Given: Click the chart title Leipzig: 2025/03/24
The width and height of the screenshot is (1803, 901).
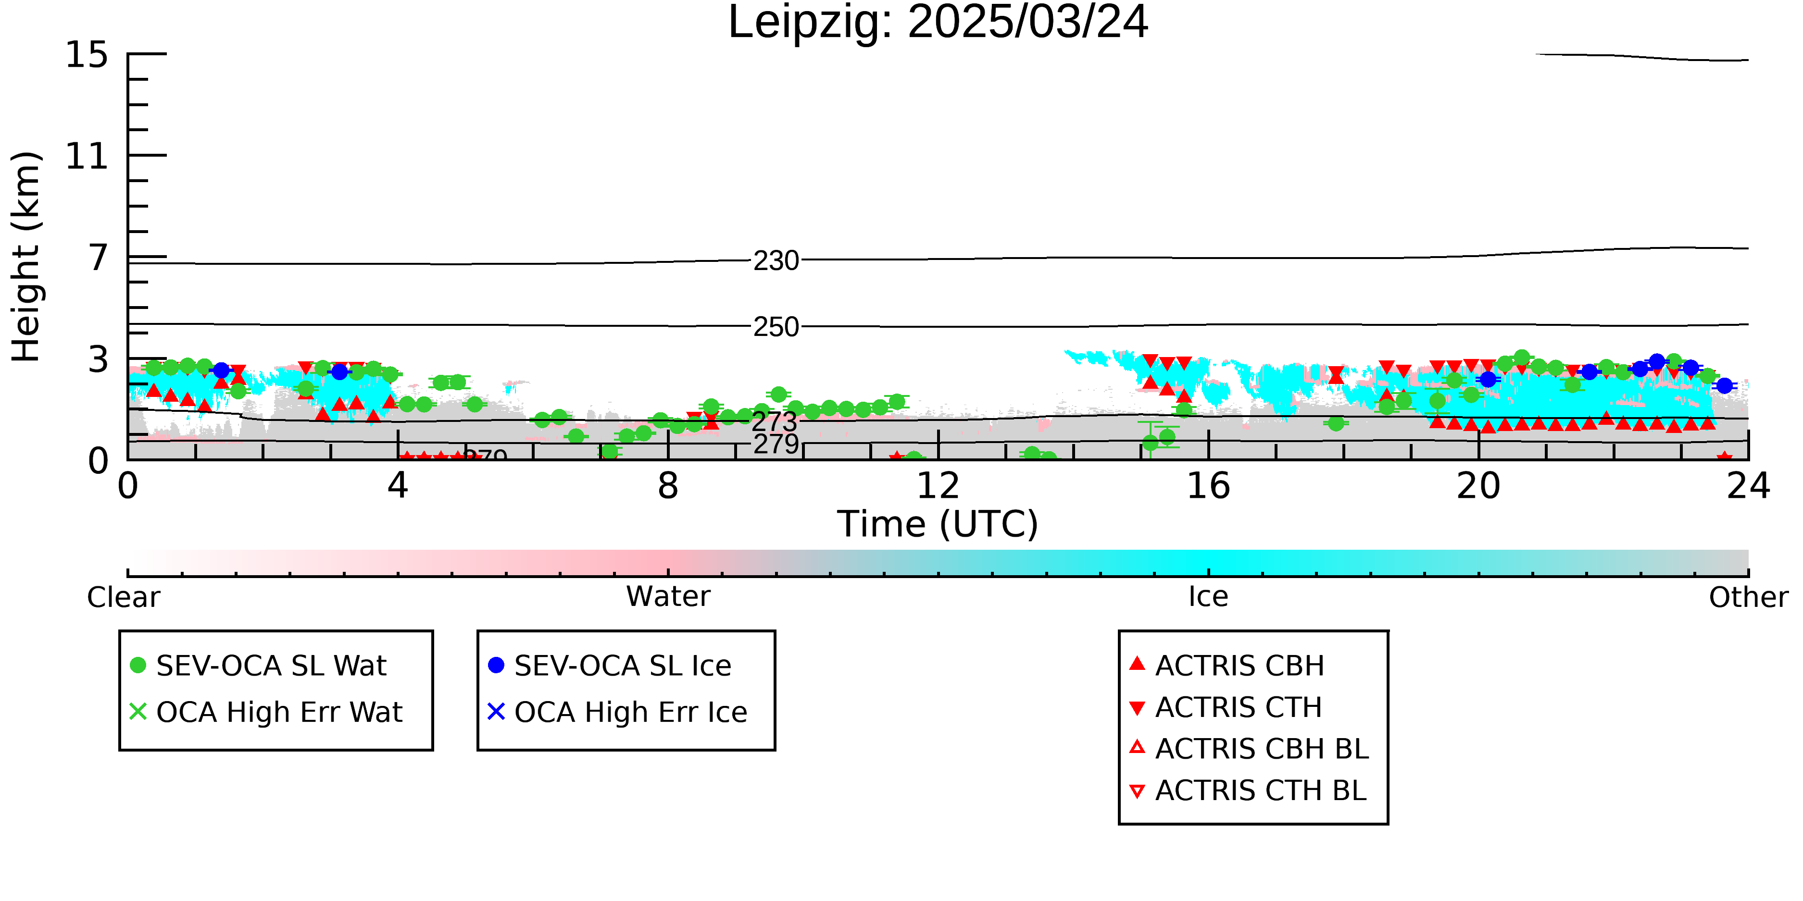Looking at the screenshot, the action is (x=938, y=23).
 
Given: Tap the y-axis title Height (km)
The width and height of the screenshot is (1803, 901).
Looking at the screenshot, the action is (x=26, y=257).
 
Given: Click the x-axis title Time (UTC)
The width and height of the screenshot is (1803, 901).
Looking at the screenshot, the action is (x=938, y=524).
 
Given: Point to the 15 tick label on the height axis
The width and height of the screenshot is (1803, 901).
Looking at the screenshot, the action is (x=87, y=55).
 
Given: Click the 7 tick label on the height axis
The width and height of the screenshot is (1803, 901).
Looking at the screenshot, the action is (x=99, y=258).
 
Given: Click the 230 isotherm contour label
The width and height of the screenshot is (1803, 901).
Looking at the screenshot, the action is (x=776, y=261).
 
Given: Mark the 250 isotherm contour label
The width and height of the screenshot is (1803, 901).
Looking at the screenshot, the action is (x=776, y=327).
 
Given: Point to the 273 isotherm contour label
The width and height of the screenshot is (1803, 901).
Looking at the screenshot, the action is (x=774, y=421).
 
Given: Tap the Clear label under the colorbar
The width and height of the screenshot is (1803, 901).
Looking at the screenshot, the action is (x=123, y=597).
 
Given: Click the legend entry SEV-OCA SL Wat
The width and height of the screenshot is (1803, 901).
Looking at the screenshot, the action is (x=271, y=665).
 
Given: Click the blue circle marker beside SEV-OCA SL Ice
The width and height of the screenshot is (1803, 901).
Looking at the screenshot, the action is (x=496, y=665).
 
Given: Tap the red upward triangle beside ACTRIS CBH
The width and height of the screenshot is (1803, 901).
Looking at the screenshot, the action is (x=1138, y=663).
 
